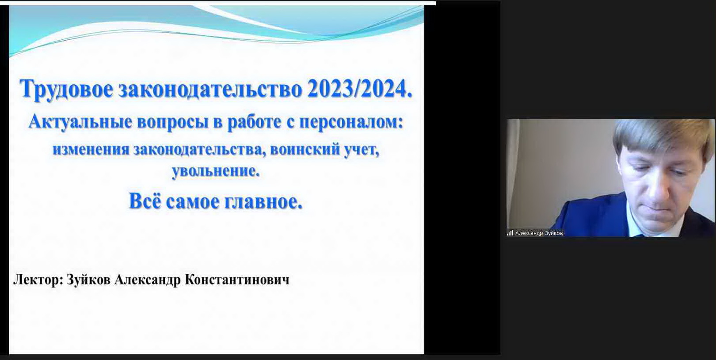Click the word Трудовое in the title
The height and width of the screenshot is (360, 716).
66,89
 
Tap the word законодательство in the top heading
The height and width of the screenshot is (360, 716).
209,89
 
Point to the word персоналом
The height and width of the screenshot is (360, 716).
351,122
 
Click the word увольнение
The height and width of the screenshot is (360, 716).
216,171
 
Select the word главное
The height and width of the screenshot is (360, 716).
263,202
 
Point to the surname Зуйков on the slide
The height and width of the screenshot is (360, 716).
88,280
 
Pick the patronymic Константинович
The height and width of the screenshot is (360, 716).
237,280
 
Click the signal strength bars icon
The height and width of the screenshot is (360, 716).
510,233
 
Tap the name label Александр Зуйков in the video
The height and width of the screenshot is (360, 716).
539,233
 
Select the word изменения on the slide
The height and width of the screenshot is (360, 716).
91,150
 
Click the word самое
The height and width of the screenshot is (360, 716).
192,202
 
